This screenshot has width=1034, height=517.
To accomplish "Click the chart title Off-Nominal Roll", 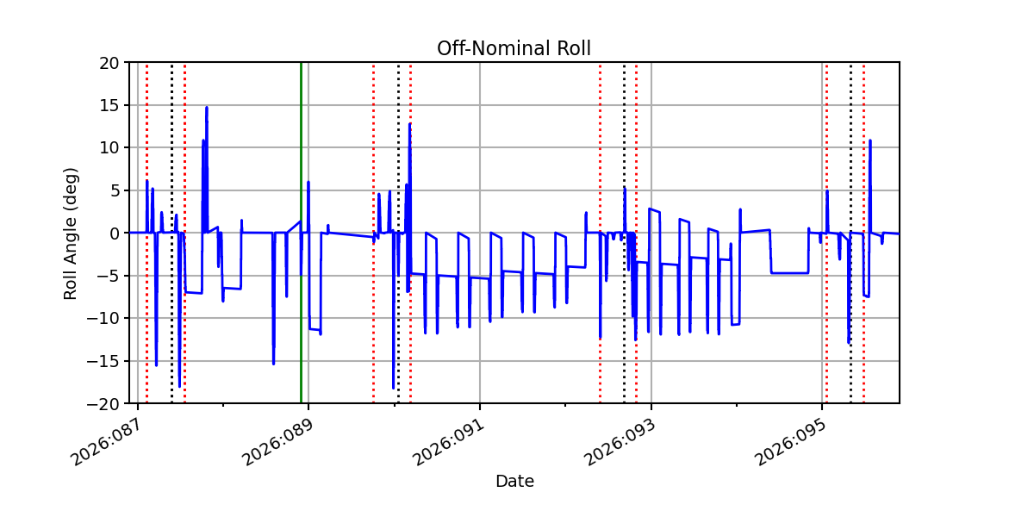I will coord(514,48).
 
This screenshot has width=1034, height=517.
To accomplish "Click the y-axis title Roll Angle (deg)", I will coord(71,233).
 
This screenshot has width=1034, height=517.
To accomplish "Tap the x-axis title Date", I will coord(514,482).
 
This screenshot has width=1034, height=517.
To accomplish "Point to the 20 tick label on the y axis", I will coord(109,63).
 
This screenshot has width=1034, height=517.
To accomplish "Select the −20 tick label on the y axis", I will coord(104,403).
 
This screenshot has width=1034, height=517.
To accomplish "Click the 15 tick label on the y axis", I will coord(109,105).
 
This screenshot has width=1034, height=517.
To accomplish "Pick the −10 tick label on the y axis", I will coord(104,318).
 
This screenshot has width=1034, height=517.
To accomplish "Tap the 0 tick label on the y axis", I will coord(113,233).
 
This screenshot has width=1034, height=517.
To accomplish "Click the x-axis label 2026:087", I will coord(104,440).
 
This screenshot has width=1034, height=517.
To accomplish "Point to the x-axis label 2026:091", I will coord(446,440).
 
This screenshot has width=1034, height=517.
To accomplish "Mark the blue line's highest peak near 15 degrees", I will coord(207,108).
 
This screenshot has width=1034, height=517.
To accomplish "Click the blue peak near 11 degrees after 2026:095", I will coord(870,140).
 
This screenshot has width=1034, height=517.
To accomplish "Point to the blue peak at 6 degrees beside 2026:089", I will coord(308,182).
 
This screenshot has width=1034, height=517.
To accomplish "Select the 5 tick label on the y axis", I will coord(113,190).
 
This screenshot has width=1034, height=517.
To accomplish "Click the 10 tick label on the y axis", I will coord(109,148).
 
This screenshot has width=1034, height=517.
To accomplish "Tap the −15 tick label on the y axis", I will coord(104,361).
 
